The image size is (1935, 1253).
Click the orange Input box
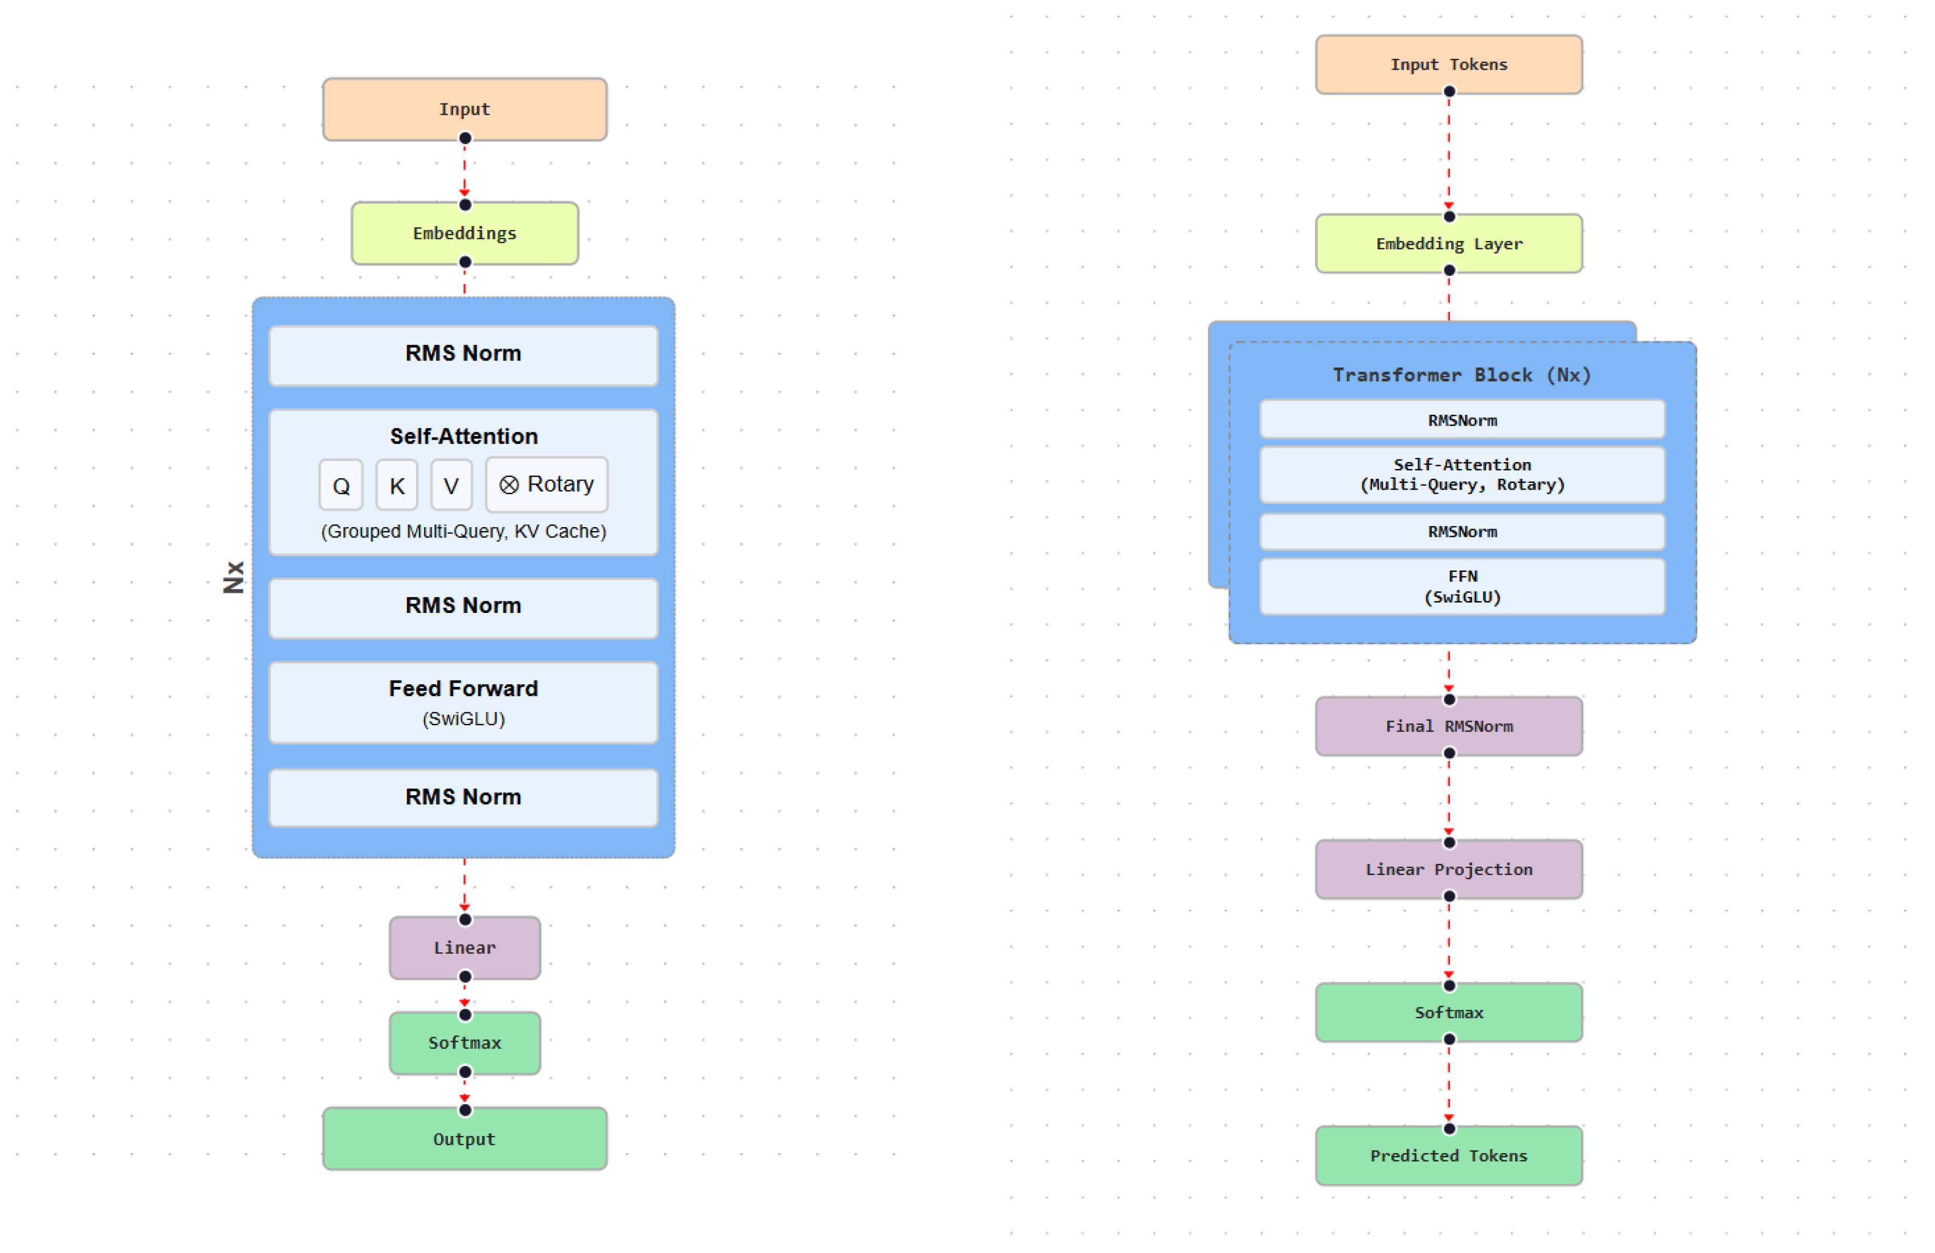pyautogui.click(x=464, y=109)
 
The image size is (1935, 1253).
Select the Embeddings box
pyautogui.click(x=464, y=233)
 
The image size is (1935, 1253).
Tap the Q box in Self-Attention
pyautogui.click(x=341, y=485)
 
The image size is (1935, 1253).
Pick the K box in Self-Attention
pyautogui.click(x=397, y=485)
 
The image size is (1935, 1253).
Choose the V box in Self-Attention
pyautogui.click(x=451, y=485)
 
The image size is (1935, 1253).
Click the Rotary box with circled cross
pyautogui.click(x=546, y=484)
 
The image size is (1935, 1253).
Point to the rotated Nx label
pyautogui.click(x=234, y=577)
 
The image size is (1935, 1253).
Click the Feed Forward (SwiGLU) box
pyautogui.click(x=463, y=702)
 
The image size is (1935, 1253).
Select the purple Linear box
pyautogui.click(x=464, y=947)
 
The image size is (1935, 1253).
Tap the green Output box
pyautogui.click(x=464, y=1139)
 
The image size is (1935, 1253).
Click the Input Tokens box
pyautogui.click(x=1448, y=64)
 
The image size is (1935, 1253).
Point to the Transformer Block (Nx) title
pyautogui.click(x=1461, y=375)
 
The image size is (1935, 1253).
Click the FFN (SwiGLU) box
pyautogui.click(x=1462, y=586)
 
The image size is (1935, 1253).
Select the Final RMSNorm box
pyautogui.click(x=1448, y=726)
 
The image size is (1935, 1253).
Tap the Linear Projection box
pyautogui.click(x=1448, y=869)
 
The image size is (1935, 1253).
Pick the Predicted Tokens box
pyautogui.click(x=1448, y=1155)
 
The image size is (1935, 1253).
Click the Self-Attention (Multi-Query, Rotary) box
pyautogui.click(x=1462, y=475)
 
